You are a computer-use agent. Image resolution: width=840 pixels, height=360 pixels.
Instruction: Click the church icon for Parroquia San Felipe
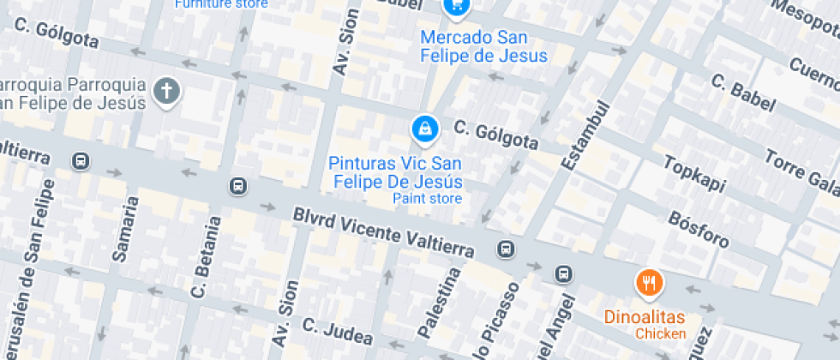[167, 91]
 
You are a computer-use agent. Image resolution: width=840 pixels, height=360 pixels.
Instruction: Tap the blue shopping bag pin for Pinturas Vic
[424, 129]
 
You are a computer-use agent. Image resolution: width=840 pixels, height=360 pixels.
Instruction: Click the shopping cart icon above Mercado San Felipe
[456, 6]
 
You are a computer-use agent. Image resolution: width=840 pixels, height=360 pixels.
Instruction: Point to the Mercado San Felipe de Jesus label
[484, 47]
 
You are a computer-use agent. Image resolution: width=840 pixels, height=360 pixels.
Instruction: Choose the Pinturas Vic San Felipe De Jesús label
[396, 172]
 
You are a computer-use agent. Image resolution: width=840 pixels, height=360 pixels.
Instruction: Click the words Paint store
[427, 199]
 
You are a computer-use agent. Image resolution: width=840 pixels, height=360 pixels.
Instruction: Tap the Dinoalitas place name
[645, 317]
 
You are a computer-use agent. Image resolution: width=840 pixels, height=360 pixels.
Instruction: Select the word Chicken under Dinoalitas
[660, 333]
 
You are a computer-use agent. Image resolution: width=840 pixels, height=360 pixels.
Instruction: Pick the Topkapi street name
[693, 174]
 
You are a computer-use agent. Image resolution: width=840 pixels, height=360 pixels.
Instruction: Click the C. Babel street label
[742, 91]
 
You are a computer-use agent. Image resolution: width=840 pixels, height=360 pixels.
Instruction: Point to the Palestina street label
[438, 301]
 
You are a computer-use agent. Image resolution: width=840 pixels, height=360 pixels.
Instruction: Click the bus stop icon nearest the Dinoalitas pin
[563, 274]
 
